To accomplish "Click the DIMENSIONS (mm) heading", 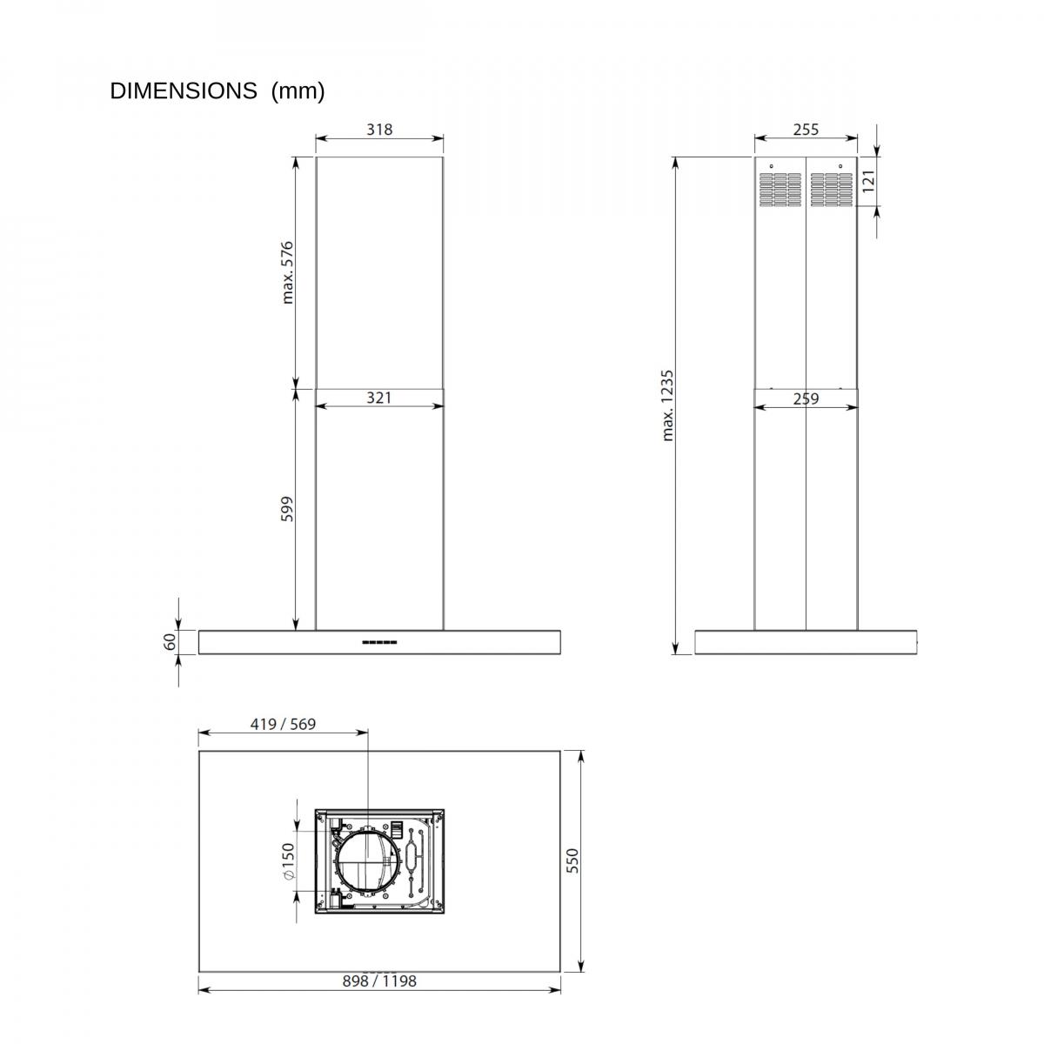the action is coord(217,91).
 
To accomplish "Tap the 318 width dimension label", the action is coord(379,130).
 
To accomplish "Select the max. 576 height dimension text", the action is coord(287,272).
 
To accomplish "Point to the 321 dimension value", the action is coord(378,398).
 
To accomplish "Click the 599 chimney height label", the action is coord(286,509).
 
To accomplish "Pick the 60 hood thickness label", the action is coord(170,642).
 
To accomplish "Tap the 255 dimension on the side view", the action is coord(806,130).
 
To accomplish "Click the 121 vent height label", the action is coord(868,181).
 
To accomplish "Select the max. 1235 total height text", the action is coord(667,405).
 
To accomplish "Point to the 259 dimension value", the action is coord(806,398).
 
